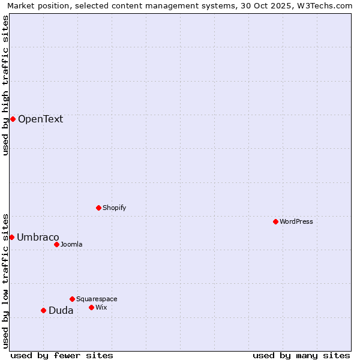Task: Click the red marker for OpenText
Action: coord(13,119)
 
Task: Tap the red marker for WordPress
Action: coord(275,221)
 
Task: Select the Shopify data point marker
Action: coord(98,208)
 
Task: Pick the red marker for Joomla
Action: coord(56,244)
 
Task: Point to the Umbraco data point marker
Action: coord(11,237)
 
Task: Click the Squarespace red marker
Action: coord(72,299)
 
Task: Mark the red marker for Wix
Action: coord(91,307)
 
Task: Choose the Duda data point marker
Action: coord(43,310)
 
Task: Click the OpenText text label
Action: coord(40,119)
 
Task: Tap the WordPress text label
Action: coord(296,221)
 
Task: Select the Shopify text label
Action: coord(114,208)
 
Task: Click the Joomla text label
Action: coord(71,244)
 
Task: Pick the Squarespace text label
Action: coord(97,299)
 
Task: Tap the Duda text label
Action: coord(61,310)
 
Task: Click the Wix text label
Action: coord(101,307)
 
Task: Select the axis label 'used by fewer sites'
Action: coord(62,355)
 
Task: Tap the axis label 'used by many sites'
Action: coord(301,355)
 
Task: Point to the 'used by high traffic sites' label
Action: coord(6,85)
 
